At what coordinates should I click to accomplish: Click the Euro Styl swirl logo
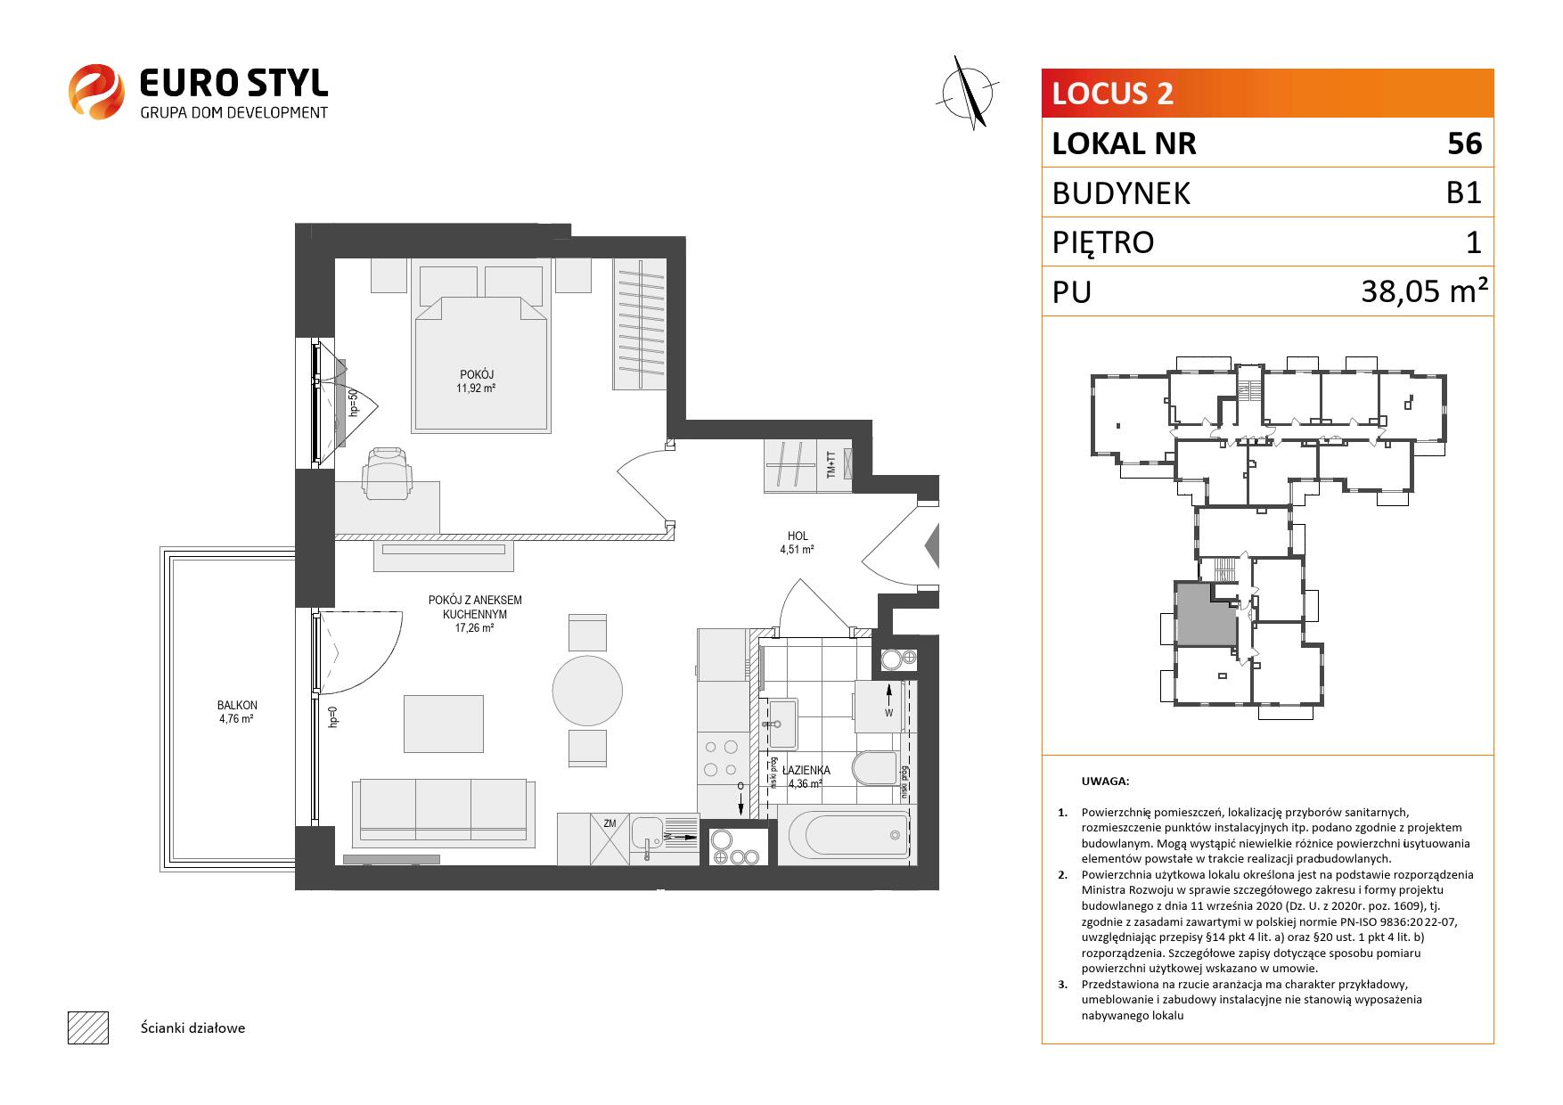point(96,90)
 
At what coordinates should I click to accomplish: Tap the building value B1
point(1464,192)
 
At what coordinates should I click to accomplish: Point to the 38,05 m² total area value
point(1425,291)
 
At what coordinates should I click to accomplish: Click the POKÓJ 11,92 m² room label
point(478,381)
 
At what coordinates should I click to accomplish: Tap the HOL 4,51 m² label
point(798,543)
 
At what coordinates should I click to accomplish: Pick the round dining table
point(587,691)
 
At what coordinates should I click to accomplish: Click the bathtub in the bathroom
point(847,835)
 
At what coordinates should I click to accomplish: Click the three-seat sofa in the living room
point(443,812)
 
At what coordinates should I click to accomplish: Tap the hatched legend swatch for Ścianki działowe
point(87,1027)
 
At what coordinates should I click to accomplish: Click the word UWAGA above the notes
point(1105,782)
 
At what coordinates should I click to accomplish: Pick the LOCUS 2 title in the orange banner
point(1113,94)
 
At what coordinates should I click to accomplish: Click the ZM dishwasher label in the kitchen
point(610,823)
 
